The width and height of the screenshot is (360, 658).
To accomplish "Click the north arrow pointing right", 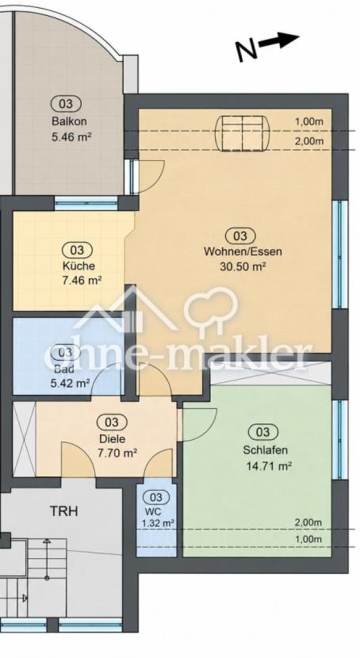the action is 278,40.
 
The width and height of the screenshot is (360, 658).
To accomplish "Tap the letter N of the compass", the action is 247,51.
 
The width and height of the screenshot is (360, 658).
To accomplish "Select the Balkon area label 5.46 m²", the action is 71,137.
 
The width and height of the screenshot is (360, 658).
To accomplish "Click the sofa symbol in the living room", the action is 243,133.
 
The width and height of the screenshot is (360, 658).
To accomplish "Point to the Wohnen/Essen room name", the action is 243,252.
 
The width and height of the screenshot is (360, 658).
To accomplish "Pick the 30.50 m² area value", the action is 243,266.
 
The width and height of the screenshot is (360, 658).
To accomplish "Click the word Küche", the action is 79,266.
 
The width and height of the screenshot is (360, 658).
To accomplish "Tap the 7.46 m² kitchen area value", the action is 82,280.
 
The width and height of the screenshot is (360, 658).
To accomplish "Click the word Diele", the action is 111,439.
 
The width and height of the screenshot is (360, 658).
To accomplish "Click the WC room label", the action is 153,512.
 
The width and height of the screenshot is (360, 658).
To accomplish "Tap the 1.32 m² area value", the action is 158,523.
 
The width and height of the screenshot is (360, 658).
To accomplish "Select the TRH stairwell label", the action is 63,511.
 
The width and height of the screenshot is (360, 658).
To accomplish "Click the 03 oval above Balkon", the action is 67,103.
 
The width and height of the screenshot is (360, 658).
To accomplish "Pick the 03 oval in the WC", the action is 155,498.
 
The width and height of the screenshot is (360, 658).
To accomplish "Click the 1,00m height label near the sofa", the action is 309,122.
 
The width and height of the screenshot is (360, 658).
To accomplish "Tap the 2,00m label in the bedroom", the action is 308,522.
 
